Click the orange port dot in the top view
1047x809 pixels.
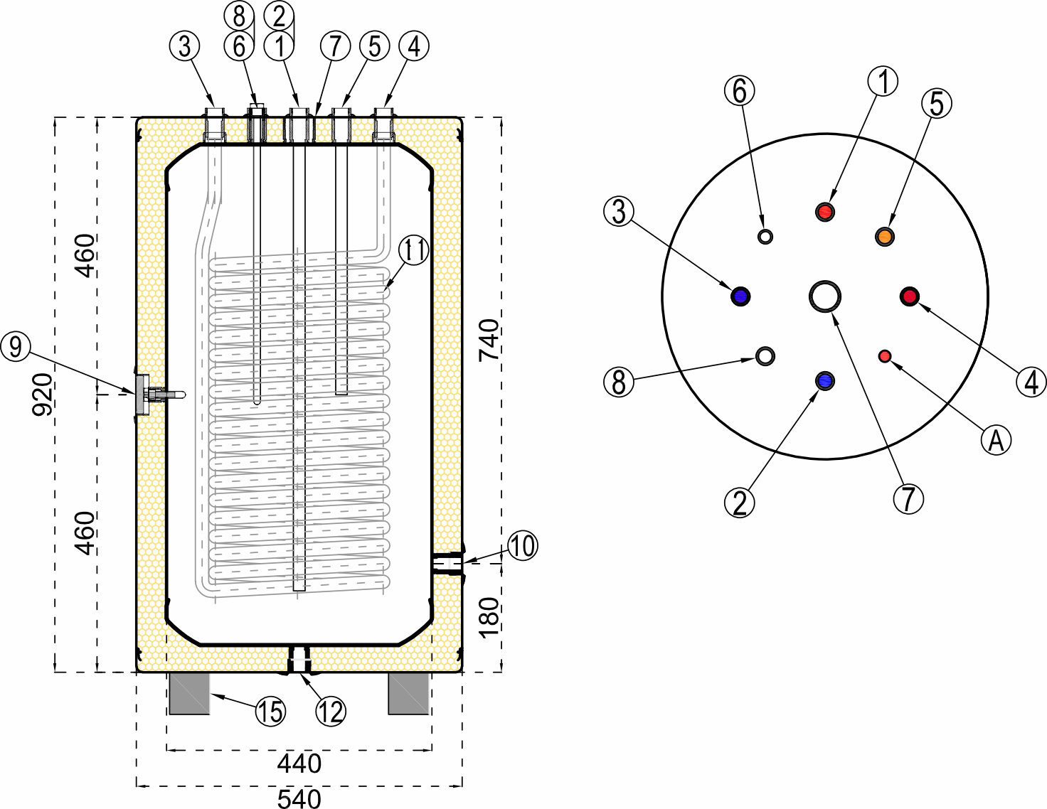(884, 236)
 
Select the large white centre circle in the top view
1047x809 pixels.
(825, 296)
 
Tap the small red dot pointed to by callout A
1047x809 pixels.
(886, 355)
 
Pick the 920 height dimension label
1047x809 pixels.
(43, 395)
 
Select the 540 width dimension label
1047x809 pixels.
(299, 798)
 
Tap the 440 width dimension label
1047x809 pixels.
(299, 764)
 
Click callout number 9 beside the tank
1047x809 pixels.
(16, 347)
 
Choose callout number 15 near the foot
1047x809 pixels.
(270, 712)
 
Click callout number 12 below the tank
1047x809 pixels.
(331, 711)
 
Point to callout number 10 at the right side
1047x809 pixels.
(523, 546)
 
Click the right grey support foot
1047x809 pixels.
(409, 693)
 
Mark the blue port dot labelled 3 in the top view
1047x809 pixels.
(740, 296)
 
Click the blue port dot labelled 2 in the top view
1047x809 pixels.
(825, 380)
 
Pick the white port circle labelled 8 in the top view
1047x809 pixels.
(765, 355)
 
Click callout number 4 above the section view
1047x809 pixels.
(414, 46)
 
